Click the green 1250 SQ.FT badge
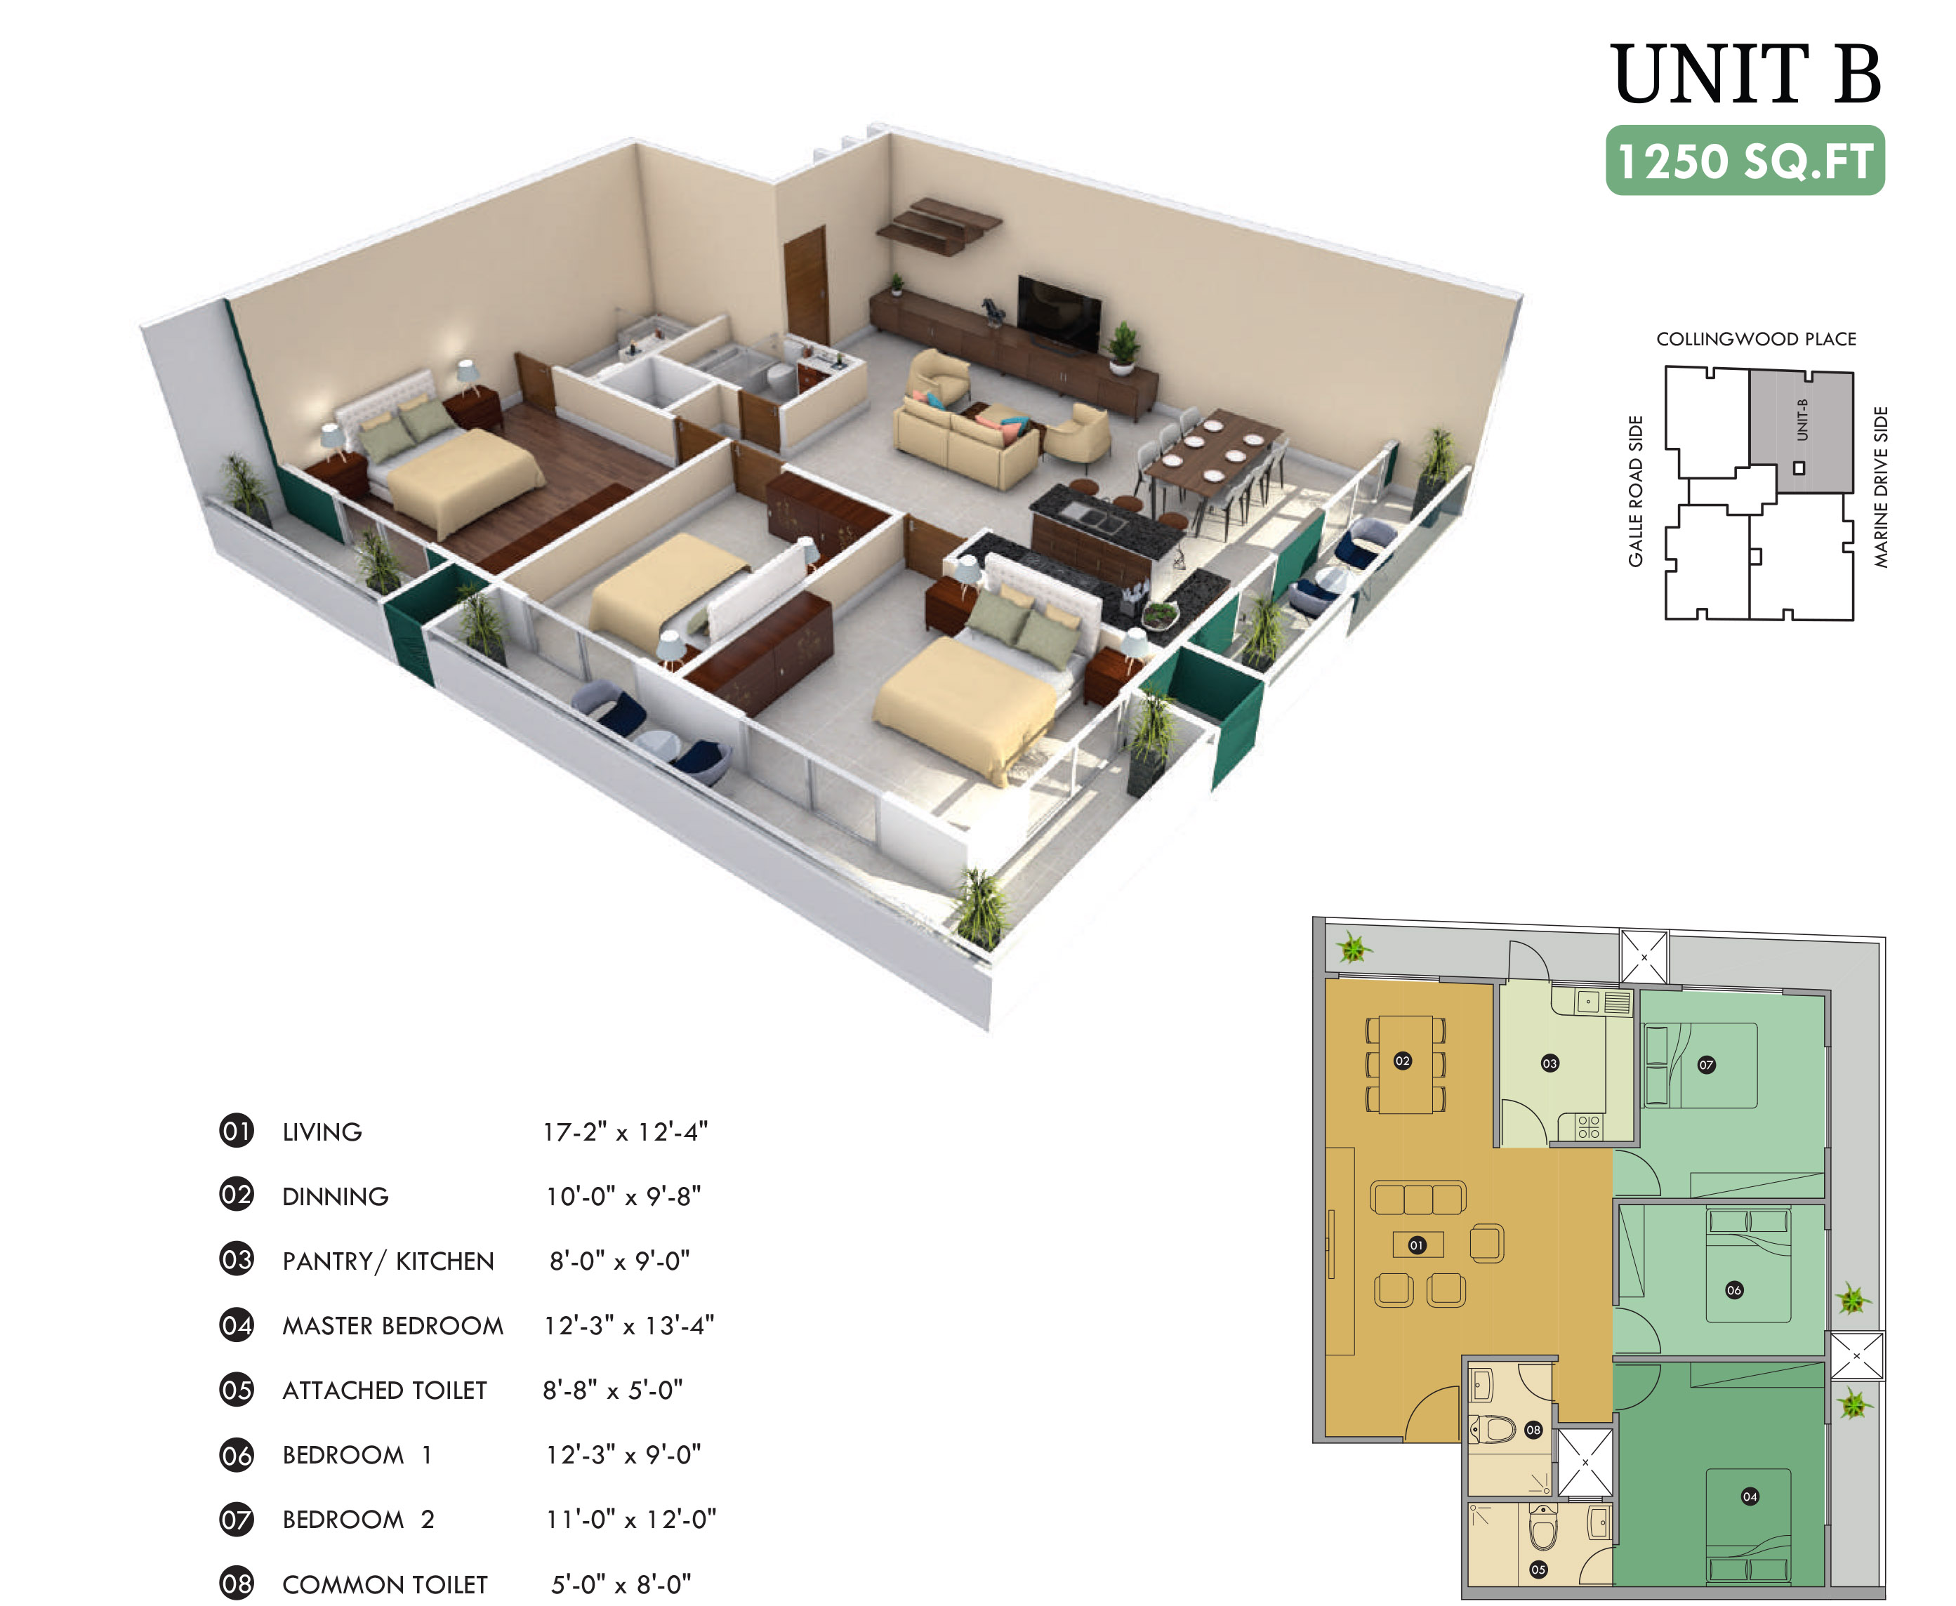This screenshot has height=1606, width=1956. (x=1745, y=160)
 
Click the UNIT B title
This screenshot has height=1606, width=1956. (x=1746, y=74)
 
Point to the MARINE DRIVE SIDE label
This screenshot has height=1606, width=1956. (x=1881, y=486)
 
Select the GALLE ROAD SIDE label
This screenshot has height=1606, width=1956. (x=1636, y=491)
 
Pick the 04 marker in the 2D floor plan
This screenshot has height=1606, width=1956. (x=1750, y=1496)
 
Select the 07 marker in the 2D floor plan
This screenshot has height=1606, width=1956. (x=1706, y=1065)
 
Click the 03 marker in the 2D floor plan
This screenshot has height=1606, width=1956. (x=1549, y=1063)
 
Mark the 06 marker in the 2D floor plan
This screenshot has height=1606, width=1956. (x=1734, y=1289)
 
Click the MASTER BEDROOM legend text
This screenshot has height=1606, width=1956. (x=393, y=1326)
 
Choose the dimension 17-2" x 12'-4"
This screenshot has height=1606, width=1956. (x=626, y=1131)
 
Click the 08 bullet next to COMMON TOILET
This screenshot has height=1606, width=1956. (x=237, y=1583)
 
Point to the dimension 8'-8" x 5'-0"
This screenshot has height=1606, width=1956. (x=612, y=1390)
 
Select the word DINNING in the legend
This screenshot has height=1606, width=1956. (x=335, y=1197)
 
